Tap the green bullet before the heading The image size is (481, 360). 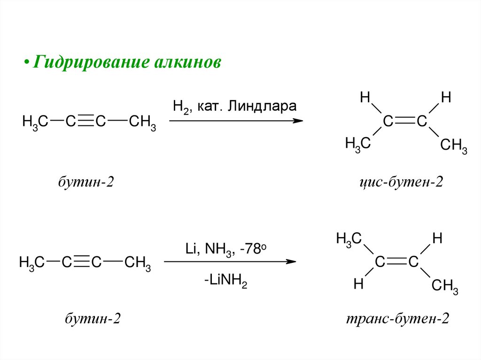point(27,63)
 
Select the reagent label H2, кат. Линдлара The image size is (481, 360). point(234,106)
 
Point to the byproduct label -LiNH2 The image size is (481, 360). point(225,283)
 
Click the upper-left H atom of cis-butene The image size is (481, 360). point(364,98)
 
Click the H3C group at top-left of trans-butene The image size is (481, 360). point(349,239)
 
